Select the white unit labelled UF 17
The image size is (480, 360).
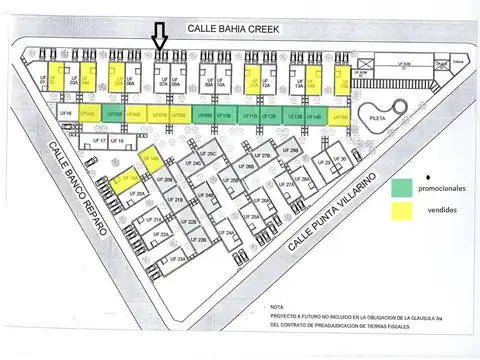point(99,143)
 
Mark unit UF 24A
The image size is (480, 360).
point(229,233)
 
